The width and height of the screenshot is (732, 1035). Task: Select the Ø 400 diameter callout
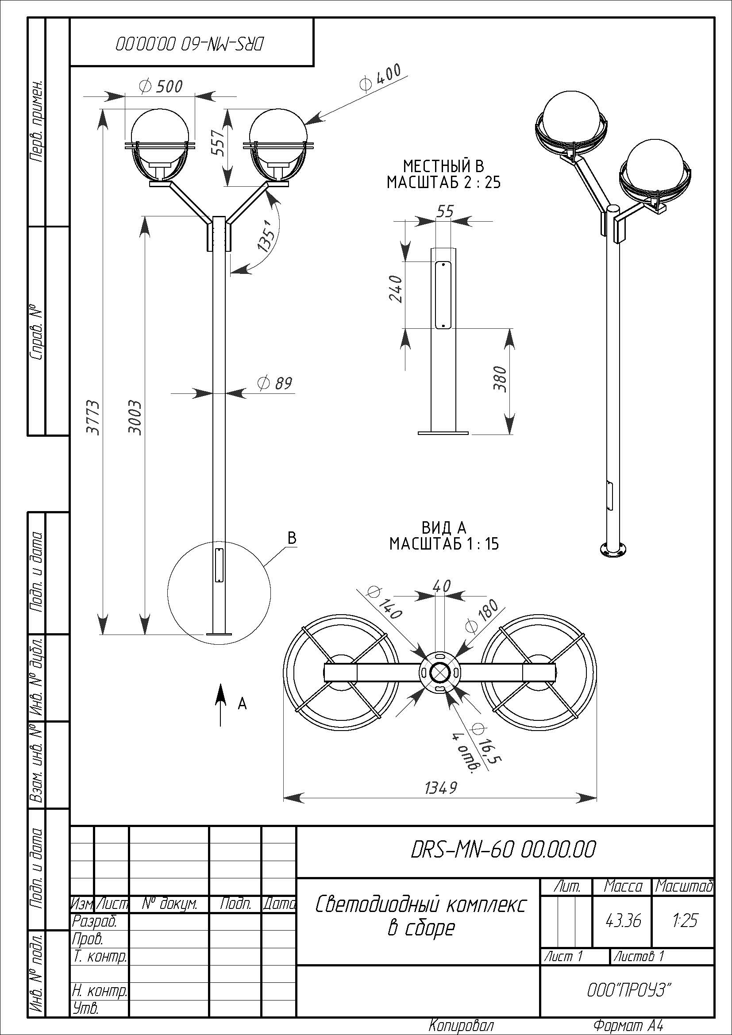pos(380,77)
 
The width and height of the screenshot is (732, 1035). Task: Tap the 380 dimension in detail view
pos(501,379)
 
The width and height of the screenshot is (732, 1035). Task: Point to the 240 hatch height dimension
pos(395,289)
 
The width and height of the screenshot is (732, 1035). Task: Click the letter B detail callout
pos(292,538)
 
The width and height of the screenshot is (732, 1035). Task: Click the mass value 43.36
pos(624,920)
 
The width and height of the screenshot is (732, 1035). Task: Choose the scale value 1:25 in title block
pos(684,920)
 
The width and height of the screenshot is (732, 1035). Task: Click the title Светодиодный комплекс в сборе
pos(420,916)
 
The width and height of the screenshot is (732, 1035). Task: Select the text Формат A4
pos(628,1026)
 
